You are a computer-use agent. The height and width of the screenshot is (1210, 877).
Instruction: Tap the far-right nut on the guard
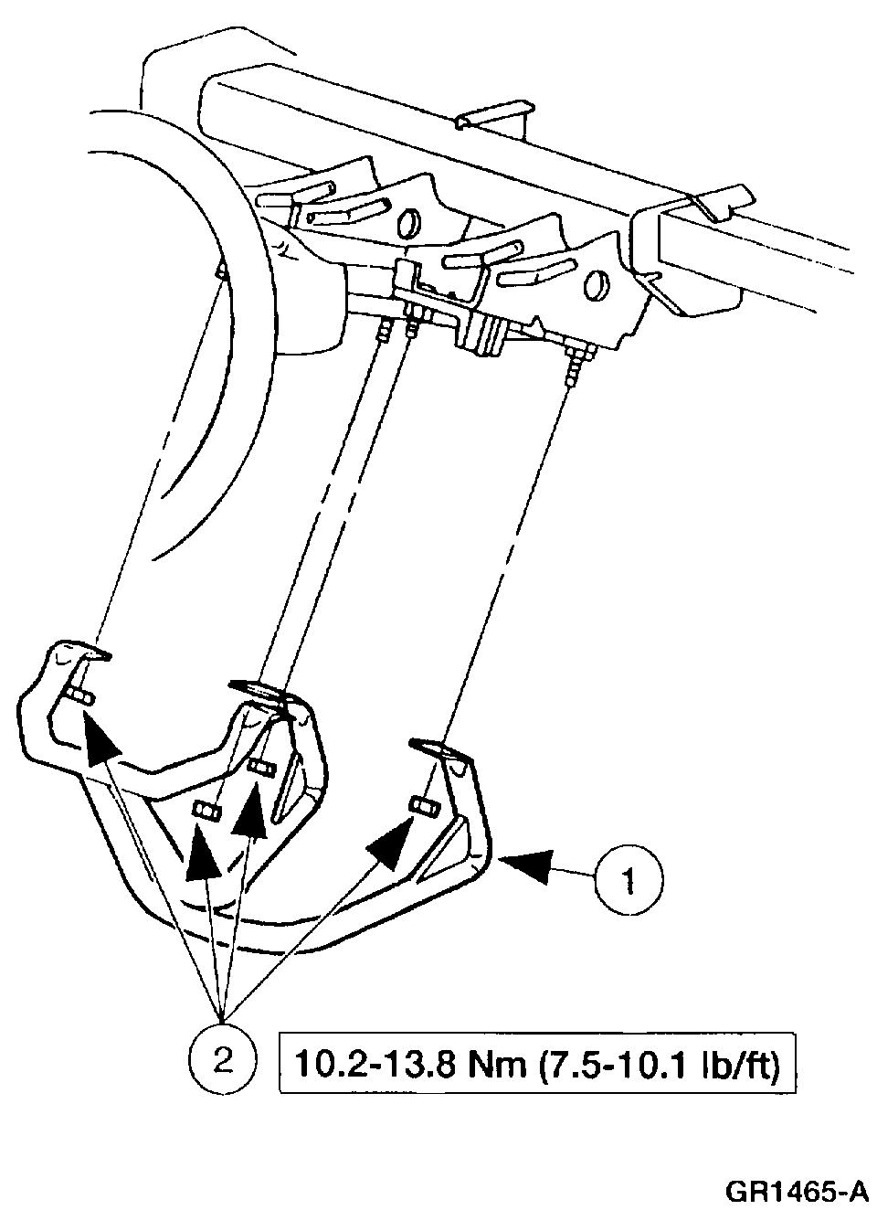(421, 805)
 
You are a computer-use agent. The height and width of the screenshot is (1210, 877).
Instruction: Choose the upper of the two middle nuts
(260, 765)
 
